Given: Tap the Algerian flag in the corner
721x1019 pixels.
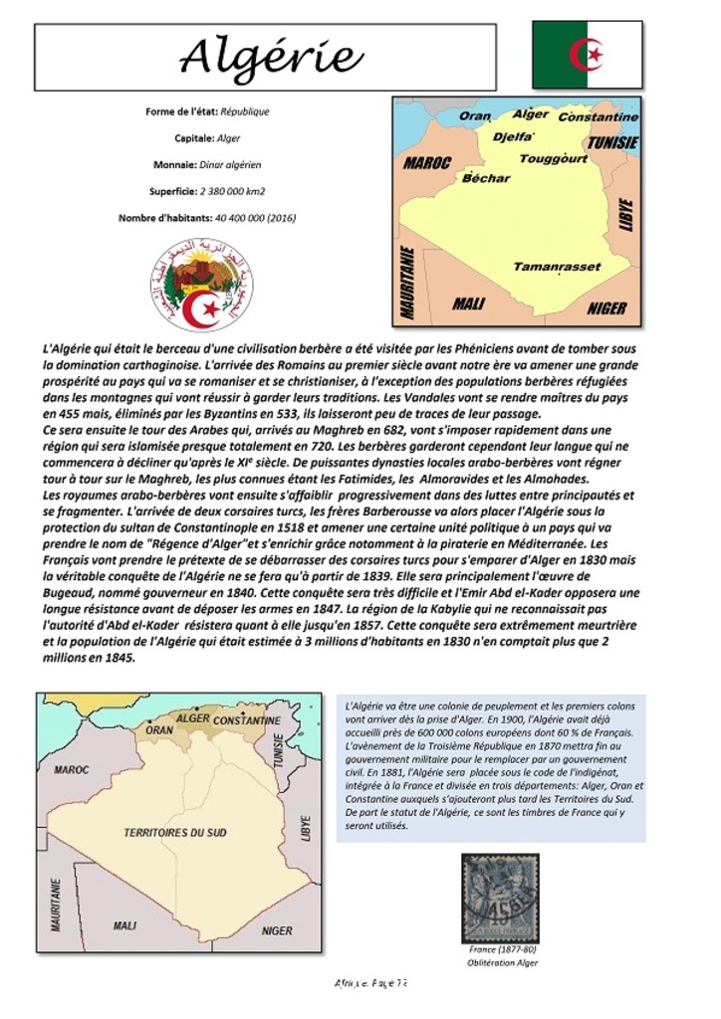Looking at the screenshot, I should tap(587, 55).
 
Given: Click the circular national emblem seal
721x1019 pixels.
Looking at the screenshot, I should tap(202, 285).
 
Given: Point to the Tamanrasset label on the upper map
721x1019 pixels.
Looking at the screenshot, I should tap(557, 267).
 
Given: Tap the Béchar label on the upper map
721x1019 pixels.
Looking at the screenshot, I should tap(486, 178).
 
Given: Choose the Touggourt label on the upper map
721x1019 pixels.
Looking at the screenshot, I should tap(553, 158).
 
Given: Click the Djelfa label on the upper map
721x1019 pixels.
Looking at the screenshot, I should tap(513, 137).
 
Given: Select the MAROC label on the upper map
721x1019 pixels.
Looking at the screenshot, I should tap(427, 162).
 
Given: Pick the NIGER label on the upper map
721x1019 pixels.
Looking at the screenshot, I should tap(605, 308).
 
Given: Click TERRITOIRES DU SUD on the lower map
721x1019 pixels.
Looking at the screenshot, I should tap(175, 832).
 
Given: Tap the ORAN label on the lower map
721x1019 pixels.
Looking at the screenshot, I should tap(159, 729).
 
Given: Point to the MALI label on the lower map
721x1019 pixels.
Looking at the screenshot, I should tap(124, 925).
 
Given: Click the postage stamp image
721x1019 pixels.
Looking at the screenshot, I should tap(501, 898).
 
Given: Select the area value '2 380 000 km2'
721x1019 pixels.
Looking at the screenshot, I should tap(232, 191).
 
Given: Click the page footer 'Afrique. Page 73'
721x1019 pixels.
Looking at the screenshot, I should tap(370, 983).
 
